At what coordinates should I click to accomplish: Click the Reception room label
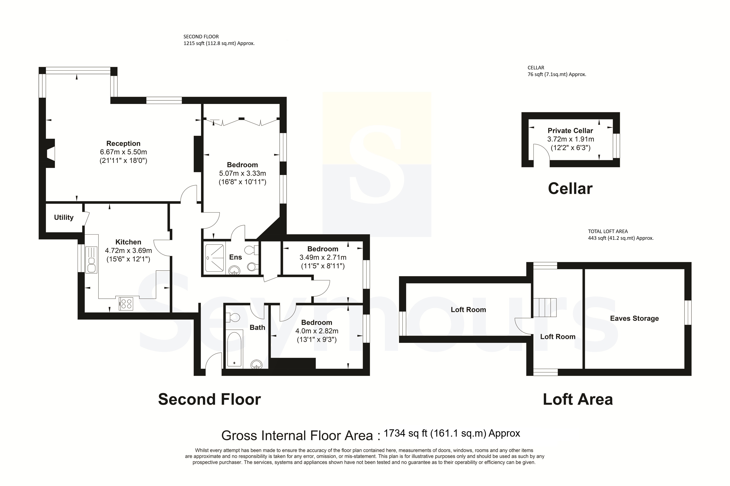123,144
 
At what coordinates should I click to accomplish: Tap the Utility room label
64,217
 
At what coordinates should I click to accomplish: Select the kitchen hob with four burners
126,304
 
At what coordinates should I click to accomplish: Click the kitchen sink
91,260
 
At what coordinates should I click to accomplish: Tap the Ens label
235,257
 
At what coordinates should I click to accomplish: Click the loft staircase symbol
545,307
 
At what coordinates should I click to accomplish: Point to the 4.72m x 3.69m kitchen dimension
128,250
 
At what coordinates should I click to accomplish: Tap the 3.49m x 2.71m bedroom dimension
323,257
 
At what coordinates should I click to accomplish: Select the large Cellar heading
570,189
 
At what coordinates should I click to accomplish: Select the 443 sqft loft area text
621,238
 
